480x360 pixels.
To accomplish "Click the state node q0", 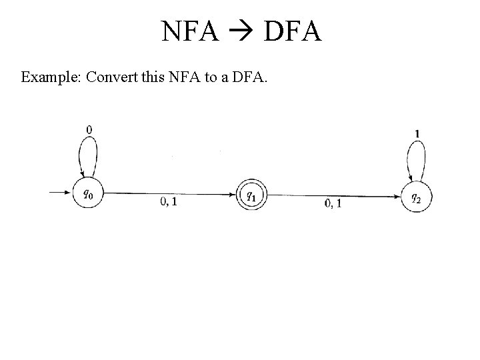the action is point(89,195).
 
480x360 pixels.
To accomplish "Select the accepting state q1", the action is point(250,195).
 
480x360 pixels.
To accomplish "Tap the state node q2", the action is point(415,197).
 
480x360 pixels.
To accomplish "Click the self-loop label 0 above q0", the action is point(89,129).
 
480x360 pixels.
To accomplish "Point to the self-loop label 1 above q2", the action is point(417,133).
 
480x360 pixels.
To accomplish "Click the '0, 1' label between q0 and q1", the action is point(169,202).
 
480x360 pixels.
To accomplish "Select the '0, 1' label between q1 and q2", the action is point(333,203).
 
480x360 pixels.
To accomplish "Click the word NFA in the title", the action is point(190,31).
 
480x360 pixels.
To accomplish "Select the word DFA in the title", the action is point(293,31).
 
